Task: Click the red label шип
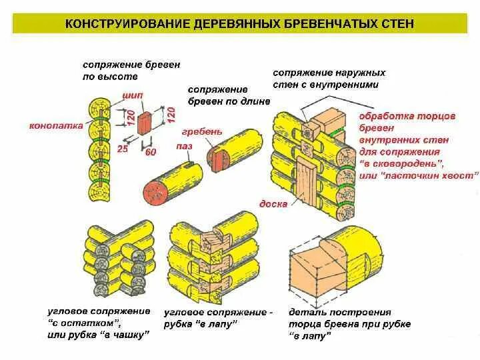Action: (131, 96)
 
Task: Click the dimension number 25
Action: (123, 147)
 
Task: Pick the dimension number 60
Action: (150, 153)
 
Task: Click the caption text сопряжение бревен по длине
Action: (228, 95)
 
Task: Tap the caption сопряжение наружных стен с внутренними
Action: (329, 79)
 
